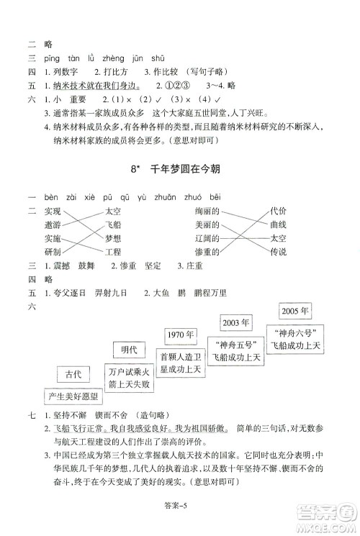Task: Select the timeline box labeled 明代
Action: point(129,350)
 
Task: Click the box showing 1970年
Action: point(180,335)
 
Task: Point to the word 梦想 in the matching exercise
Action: point(113,238)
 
